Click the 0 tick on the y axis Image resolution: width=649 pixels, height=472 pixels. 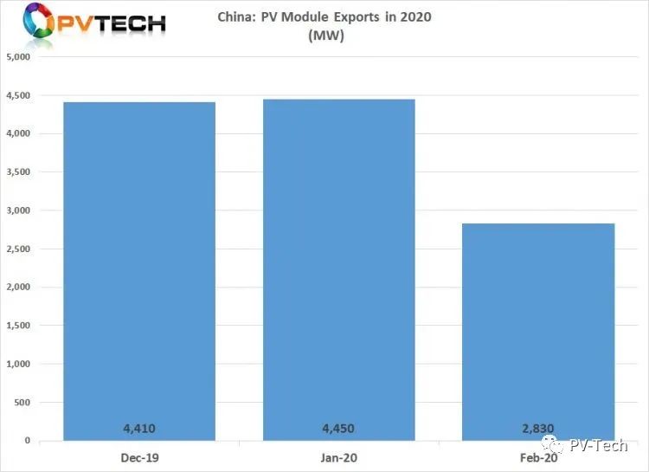[28, 441]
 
